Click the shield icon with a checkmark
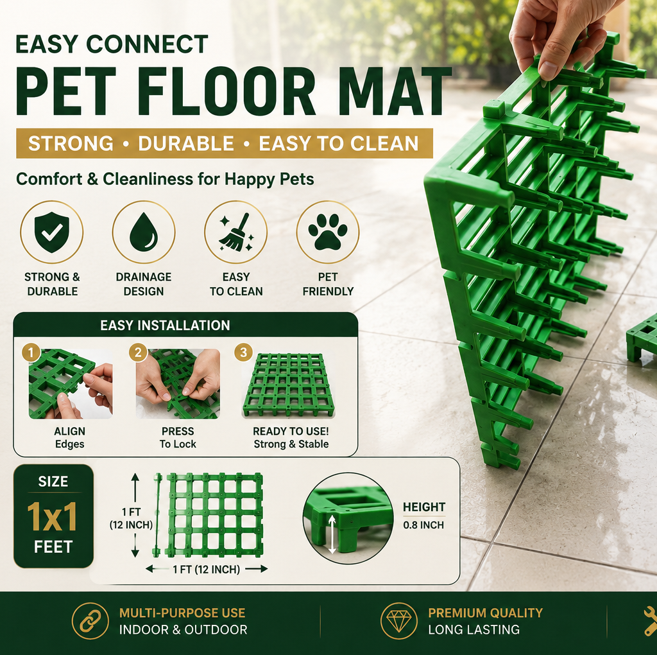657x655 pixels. coord(51,232)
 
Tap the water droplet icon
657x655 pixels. coord(144,232)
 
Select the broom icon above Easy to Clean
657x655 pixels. coord(235,232)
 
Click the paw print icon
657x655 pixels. coord(328,231)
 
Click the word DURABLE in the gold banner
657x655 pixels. coord(186,143)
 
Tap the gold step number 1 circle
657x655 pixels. coord(31,353)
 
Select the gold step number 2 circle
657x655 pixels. coord(138,353)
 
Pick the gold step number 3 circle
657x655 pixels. coord(243,353)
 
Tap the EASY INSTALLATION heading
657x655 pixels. coord(165,326)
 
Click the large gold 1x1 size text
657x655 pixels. coord(53,517)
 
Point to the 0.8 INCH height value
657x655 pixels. coord(423,525)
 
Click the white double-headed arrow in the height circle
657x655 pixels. coord(332,534)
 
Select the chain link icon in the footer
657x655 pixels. coord(90,621)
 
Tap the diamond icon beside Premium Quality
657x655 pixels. coord(399,621)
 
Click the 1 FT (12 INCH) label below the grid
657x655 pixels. coord(206,569)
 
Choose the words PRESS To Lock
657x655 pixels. coord(178,437)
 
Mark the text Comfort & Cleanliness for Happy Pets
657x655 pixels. coord(165,179)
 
